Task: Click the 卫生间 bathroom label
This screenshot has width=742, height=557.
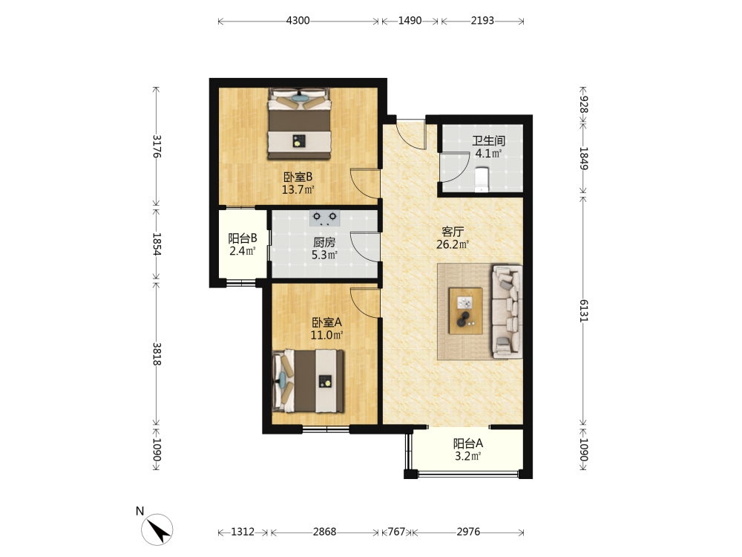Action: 488,140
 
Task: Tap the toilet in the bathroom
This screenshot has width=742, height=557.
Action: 482,180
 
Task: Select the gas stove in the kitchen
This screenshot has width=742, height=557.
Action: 325,218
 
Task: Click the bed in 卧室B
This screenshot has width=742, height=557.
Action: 299,123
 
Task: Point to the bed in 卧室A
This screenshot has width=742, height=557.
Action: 308,381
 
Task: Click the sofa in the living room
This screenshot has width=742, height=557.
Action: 508,311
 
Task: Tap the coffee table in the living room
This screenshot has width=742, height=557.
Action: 466,311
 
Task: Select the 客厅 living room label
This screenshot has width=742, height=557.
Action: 453,232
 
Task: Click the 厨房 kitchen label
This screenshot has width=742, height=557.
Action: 324,243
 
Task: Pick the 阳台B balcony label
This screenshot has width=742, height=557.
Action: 243,238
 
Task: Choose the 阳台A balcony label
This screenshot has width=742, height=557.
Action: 468,444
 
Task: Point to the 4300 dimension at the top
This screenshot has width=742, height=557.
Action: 298,20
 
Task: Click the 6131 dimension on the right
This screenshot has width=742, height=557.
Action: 583,311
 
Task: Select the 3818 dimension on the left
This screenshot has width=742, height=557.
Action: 157,354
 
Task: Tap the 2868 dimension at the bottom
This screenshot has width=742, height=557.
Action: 325,532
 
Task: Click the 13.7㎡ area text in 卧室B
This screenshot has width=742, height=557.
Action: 298,190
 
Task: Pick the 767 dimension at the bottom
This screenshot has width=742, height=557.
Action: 396,532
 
